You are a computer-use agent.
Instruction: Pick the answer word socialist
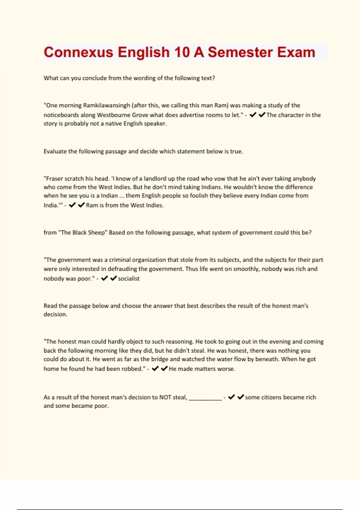(x=129, y=278)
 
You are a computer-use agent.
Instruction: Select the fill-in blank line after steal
(x=205, y=398)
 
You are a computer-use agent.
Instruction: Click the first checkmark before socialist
(x=104, y=278)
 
